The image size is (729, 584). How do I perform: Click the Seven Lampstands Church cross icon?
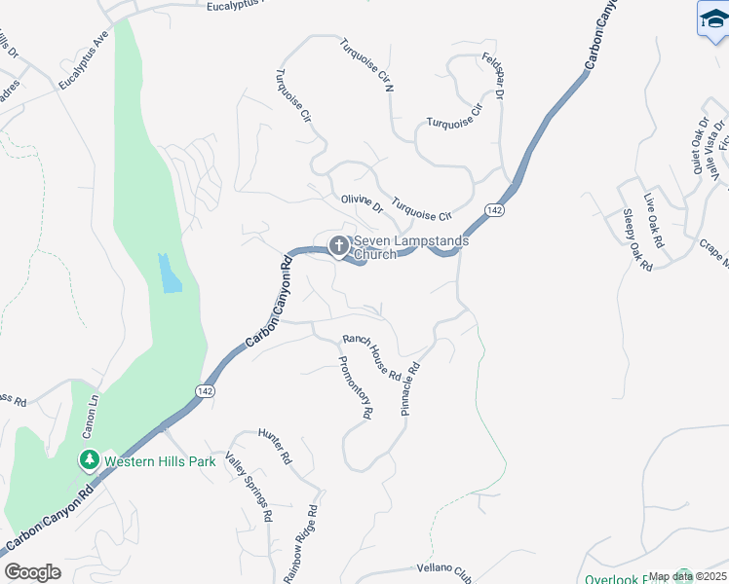[339, 245]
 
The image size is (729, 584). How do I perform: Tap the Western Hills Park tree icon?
[90, 459]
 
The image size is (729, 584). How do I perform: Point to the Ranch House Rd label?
[371, 358]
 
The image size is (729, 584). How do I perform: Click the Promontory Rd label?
[355, 386]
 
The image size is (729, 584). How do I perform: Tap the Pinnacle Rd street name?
[411, 389]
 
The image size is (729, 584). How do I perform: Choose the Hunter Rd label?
[276, 444]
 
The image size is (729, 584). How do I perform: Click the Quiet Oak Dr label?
[698, 147]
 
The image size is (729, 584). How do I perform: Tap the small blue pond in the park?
[170, 274]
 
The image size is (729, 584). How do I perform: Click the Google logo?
[32, 572]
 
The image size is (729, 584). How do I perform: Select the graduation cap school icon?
[713, 18]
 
